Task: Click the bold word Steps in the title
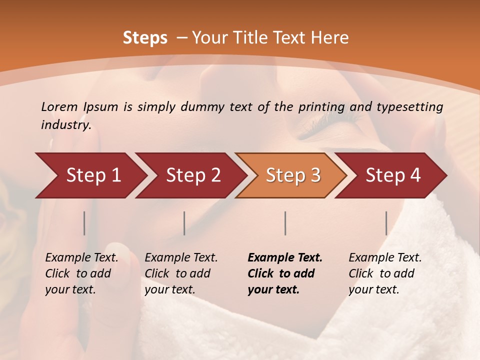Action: (145, 38)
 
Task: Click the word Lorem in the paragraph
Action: (59, 106)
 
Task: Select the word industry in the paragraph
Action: (66, 125)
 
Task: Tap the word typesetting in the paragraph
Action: (409, 106)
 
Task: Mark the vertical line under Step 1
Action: (84, 223)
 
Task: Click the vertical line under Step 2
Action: (184, 223)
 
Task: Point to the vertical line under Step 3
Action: (285, 223)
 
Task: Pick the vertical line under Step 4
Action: (386, 223)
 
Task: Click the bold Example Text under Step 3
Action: (285, 258)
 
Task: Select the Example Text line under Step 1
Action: (81, 258)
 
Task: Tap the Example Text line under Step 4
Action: (385, 258)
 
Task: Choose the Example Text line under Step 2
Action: (181, 258)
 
